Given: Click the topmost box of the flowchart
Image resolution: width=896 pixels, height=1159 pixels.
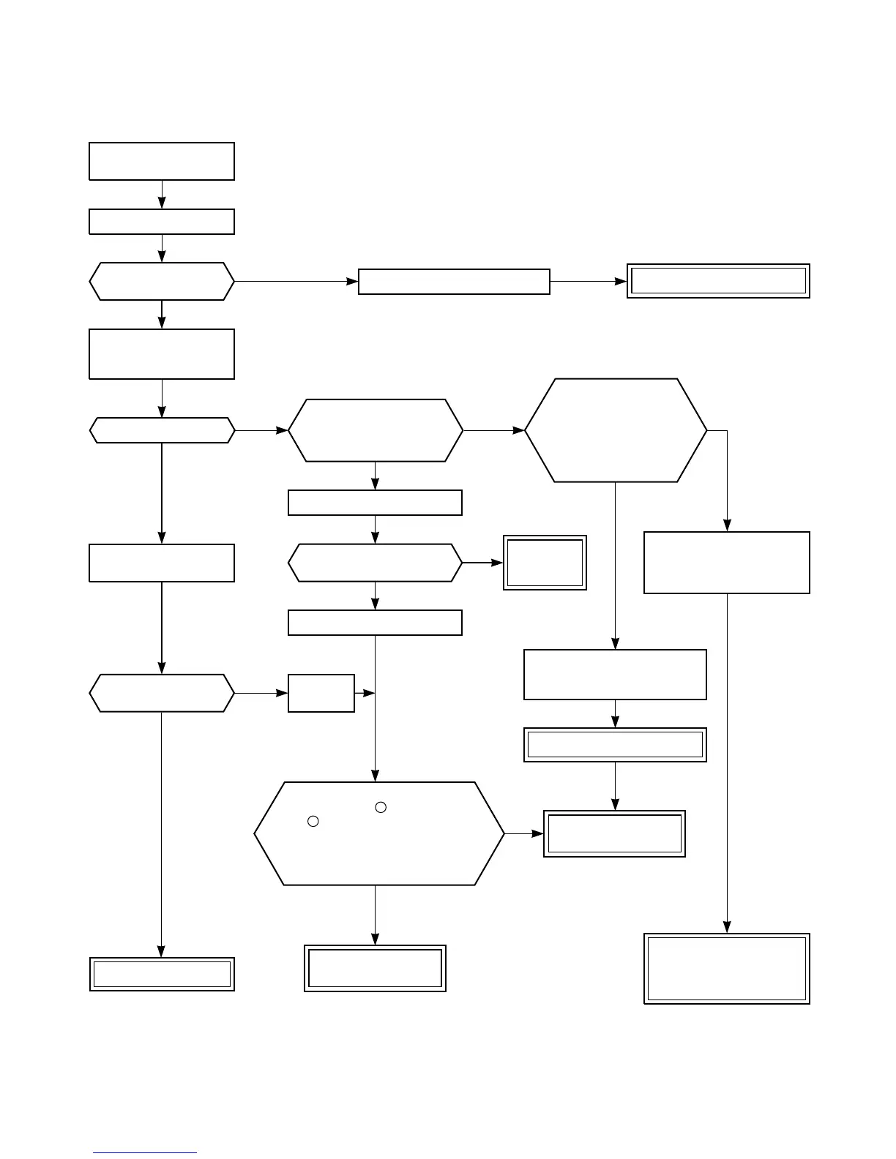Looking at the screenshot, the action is tap(162, 161).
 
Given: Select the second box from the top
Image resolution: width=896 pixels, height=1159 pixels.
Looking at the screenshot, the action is tap(162, 222).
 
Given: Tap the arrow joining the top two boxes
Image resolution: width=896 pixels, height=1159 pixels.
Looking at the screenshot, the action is tap(162, 195).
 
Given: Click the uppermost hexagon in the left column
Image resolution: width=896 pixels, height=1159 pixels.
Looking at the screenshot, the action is tap(162, 281).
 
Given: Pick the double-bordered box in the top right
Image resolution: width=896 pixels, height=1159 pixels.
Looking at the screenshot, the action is tap(718, 281).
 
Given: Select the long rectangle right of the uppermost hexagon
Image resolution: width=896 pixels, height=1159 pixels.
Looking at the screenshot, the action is tap(454, 282).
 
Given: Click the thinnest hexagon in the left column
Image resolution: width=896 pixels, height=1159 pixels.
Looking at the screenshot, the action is tap(162, 430).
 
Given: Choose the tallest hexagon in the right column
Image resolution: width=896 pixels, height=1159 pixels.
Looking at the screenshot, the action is tap(616, 430).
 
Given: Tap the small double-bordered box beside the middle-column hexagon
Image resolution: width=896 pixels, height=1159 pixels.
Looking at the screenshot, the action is tap(545, 563).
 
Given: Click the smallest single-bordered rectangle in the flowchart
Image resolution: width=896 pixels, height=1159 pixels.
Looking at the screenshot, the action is tap(321, 693).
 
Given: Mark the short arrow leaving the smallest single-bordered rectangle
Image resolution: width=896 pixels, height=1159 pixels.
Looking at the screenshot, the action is tap(365, 693).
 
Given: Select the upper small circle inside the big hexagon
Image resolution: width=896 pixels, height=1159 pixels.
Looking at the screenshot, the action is tap(381, 807).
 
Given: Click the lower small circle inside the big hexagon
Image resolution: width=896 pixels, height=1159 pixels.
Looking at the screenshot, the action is tap(313, 821).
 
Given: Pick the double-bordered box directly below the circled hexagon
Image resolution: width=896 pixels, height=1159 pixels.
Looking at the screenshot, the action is tap(375, 968).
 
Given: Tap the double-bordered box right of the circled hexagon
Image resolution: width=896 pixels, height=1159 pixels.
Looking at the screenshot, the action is tap(614, 833).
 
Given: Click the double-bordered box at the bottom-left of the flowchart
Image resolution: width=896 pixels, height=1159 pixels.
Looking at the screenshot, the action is tap(162, 974).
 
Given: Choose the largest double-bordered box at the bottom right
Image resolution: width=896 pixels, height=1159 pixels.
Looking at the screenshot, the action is tap(727, 968).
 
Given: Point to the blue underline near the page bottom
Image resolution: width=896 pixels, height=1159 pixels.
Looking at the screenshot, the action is tap(145, 1153).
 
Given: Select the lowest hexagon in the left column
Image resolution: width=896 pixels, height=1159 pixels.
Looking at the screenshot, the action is tap(162, 693).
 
